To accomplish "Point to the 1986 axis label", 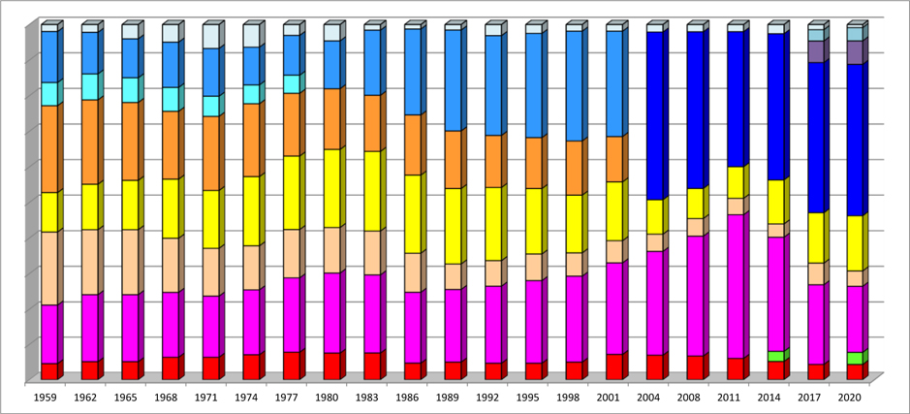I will point(412,397).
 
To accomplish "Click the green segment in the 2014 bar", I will point(774,356).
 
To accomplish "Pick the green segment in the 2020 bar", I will point(854,358).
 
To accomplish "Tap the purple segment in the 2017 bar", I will point(815,51).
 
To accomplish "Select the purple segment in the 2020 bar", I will point(854,52).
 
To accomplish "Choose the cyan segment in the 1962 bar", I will point(89,86).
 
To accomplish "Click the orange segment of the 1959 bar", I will point(48,148).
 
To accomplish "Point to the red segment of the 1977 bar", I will point(291,366).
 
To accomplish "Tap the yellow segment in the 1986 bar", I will point(412,213).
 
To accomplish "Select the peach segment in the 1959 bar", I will point(48,268).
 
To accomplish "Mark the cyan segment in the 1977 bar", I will point(291,83).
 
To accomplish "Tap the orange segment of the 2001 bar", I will point(613,159).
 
